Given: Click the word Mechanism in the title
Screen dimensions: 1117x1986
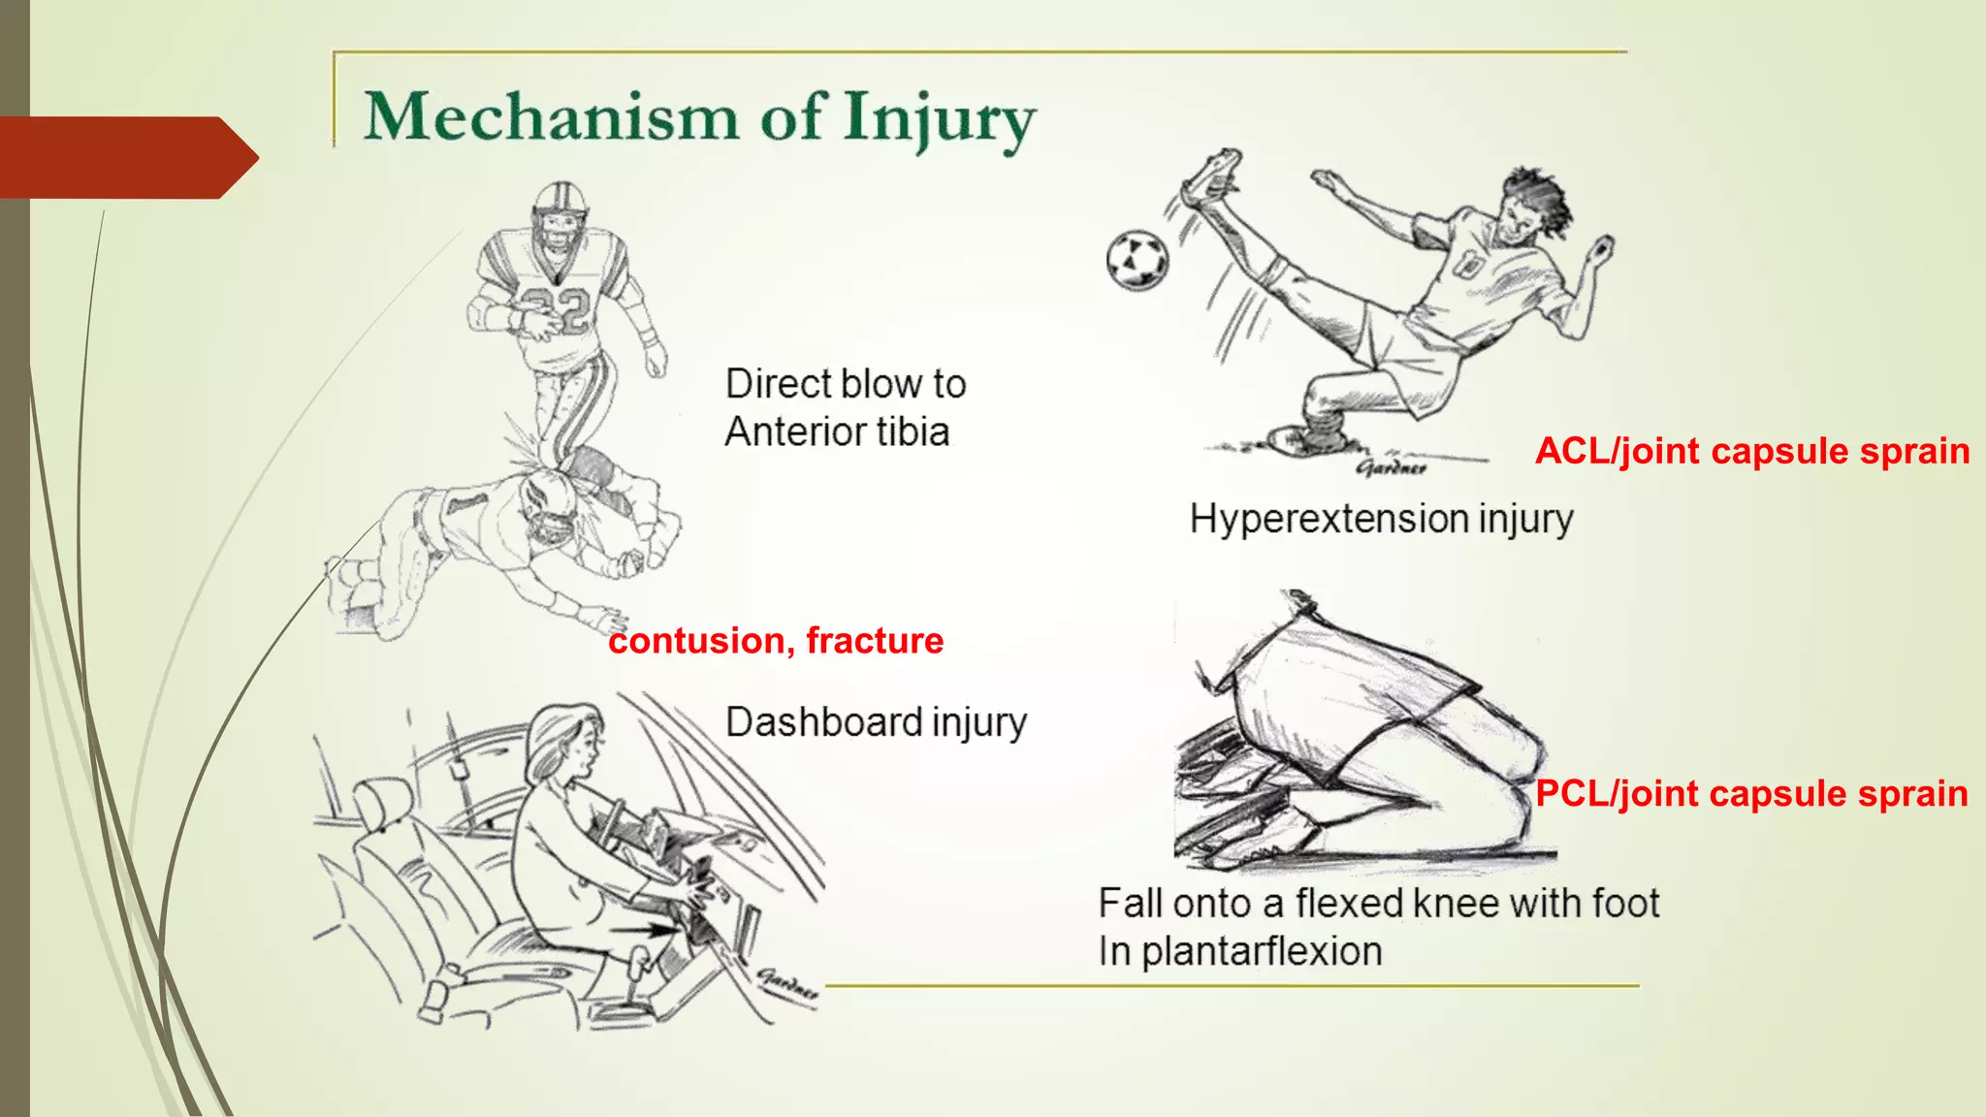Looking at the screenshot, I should click(x=551, y=117).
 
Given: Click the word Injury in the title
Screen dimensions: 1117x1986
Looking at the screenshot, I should click(x=939, y=120).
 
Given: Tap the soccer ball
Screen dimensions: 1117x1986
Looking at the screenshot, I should click(x=1137, y=260).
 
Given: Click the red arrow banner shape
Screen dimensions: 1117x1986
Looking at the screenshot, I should click(x=126, y=157).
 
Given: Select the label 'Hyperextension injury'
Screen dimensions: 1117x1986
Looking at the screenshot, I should click(x=1381, y=519).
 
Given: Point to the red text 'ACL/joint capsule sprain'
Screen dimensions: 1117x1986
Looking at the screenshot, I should click(x=1751, y=451).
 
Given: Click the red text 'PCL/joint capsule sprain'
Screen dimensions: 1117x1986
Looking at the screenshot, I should click(x=1751, y=793).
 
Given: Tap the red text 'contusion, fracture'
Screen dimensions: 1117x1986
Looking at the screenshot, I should click(x=776, y=641).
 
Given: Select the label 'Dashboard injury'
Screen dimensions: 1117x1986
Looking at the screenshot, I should click(x=876, y=722).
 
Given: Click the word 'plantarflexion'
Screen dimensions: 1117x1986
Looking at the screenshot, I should click(x=1261, y=951).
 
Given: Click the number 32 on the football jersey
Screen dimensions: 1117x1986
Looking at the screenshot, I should click(x=556, y=309).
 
